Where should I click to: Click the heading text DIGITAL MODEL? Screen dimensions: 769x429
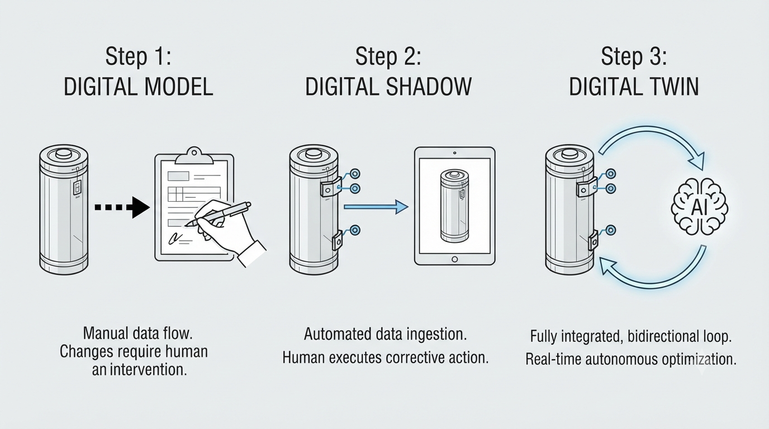pos(139,87)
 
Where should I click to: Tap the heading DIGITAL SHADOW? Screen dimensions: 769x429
pos(388,87)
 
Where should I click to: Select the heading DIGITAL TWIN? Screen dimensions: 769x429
pos(634,87)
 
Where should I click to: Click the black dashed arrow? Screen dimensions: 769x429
pos(122,207)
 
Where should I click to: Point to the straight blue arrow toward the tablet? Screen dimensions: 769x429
pos(376,207)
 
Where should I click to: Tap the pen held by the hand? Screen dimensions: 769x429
pos(219,214)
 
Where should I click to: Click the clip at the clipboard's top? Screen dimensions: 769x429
pos(194,156)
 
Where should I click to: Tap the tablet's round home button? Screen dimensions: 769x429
pos(454,259)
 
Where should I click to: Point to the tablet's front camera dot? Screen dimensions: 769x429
pos(454,152)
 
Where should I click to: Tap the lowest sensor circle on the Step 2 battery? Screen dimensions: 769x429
pos(355,230)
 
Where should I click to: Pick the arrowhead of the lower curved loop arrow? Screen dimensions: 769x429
pos(609,266)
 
